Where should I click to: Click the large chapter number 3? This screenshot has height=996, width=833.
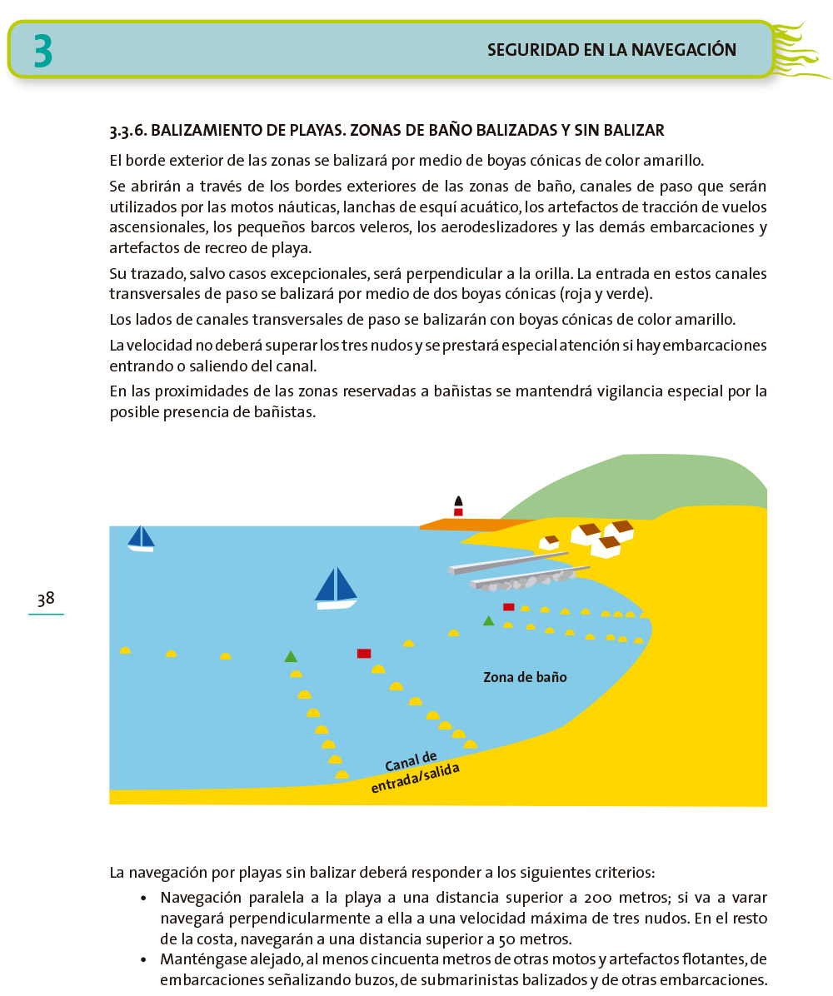point(43,51)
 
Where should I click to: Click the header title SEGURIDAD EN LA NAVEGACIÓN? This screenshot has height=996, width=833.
point(611,50)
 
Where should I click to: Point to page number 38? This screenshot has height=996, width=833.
point(46,598)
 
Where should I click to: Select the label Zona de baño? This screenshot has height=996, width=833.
point(525,677)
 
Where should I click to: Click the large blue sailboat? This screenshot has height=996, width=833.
point(336,588)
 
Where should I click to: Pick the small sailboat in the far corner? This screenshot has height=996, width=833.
point(141,538)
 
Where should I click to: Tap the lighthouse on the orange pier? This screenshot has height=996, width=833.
point(458,506)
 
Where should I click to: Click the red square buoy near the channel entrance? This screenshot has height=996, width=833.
point(364,654)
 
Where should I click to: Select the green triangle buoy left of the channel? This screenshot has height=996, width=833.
point(291,656)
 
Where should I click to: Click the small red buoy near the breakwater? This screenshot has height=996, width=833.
point(508,607)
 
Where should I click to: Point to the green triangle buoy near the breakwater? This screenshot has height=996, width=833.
point(488,620)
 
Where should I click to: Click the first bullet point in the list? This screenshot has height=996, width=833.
point(144,899)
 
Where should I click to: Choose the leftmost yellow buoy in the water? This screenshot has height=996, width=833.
point(125,651)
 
